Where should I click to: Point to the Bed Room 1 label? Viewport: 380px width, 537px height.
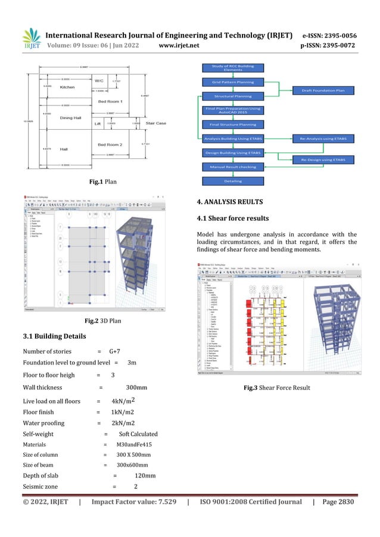110,102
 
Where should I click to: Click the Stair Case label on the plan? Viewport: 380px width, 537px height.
156,124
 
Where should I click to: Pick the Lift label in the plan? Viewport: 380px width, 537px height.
97,124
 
